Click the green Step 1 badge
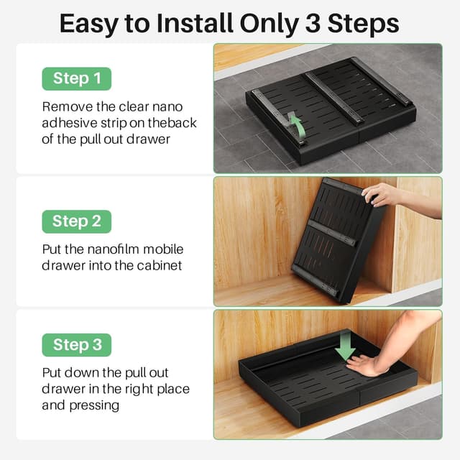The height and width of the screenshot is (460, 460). tap(77, 78)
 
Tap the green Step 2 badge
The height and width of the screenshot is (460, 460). tap(77, 221)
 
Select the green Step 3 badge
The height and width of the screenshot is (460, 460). tap(77, 345)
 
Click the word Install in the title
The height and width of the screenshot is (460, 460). tap(195, 24)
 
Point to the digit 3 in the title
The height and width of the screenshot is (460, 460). tap(313, 24)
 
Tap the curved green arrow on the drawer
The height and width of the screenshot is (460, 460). tap(298, 125)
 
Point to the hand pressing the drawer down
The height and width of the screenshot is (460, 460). tap(364, 364)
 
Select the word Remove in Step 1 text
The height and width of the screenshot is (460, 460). tap(67, 107)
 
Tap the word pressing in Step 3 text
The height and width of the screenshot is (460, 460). tap(94, 405)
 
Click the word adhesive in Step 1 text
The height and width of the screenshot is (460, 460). tap(70, 123)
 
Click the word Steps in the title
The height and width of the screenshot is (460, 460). tap(363, 24)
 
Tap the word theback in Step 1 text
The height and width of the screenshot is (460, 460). tap(172, 123)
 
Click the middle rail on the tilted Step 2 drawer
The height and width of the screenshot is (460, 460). tap(331, 233)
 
